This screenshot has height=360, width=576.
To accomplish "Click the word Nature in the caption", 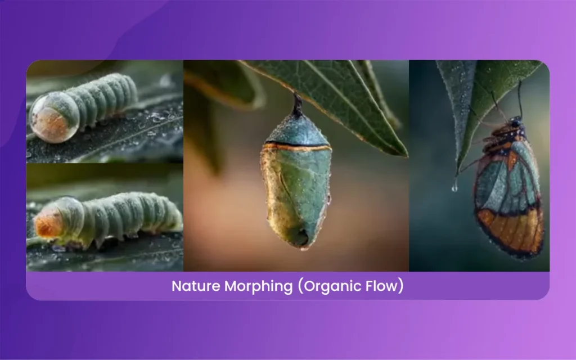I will (196, 286).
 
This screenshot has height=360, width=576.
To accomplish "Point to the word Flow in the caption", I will (388, 286).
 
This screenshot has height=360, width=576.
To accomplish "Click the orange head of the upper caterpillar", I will (45, 120).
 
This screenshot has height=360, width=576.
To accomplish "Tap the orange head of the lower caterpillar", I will (48, 224).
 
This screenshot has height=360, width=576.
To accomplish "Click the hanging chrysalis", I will (296, 186).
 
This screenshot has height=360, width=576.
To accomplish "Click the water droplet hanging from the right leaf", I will (454, 186).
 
